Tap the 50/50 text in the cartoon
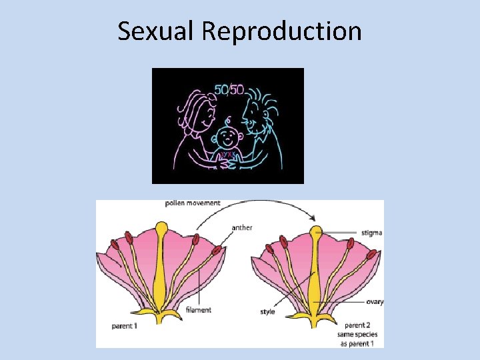229,89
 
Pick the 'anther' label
242,228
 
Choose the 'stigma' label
371,233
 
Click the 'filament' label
199,310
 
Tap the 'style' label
268,311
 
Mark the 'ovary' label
374,302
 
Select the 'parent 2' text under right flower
359,325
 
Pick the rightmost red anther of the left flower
217,251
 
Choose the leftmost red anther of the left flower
114,244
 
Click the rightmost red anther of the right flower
372,254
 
